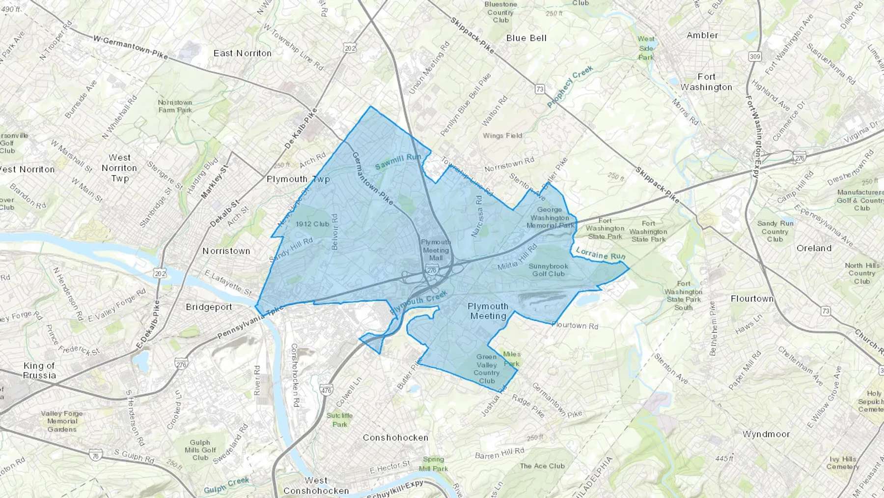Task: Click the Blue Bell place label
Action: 526,38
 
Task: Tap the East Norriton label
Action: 242,53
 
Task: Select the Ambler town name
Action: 702,35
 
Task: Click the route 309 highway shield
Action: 755,57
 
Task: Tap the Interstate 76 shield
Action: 95,456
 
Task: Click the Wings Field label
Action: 502,136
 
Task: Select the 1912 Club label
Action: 312,224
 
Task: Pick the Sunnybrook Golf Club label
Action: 548,270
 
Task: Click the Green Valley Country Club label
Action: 486,369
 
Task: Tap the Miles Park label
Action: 511,359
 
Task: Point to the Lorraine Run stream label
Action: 600,254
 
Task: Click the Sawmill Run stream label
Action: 398,162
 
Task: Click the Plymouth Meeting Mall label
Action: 436,250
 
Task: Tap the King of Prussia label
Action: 39,370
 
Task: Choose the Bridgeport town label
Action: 209,307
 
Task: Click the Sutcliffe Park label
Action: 339,420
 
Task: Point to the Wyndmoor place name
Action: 766,434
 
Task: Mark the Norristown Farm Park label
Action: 175,106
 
